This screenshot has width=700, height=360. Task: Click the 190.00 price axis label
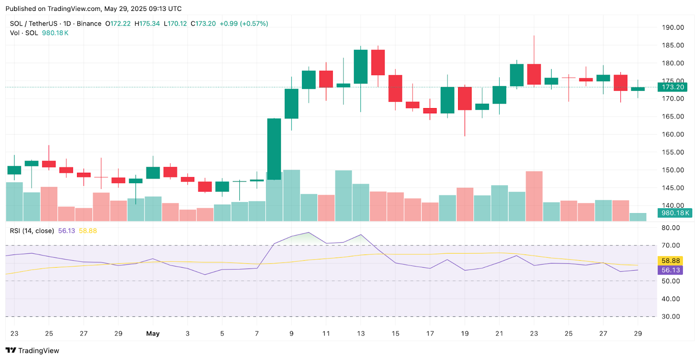[672, 28]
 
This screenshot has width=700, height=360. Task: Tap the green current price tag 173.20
[672, 87]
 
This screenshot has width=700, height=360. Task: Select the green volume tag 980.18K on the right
[675, 213]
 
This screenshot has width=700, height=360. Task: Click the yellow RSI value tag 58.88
[670, 261]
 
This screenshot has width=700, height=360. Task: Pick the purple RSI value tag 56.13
[670, 270]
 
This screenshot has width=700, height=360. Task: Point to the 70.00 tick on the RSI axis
[670, 245]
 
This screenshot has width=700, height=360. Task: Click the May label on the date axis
[153, 333]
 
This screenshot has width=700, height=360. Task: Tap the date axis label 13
[360, 333]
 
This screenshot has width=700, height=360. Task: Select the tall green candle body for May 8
[274, 149]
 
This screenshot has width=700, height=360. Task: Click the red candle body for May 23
[534, 74]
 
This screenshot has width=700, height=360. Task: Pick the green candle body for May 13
[360, 66]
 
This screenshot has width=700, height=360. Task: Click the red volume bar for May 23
[534, 196]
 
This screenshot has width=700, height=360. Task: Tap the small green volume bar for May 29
[638, 217]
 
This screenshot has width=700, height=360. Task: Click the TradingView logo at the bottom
[32, 350]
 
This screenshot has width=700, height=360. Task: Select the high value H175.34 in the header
[147, 24]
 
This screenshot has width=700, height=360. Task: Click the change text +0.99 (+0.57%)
[244, 24]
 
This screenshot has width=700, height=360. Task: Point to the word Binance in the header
[89, 24]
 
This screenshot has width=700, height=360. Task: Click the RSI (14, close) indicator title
[32, 231]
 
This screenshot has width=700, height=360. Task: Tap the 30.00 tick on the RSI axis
[670, 316]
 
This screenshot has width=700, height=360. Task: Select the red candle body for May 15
[395, 88]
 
